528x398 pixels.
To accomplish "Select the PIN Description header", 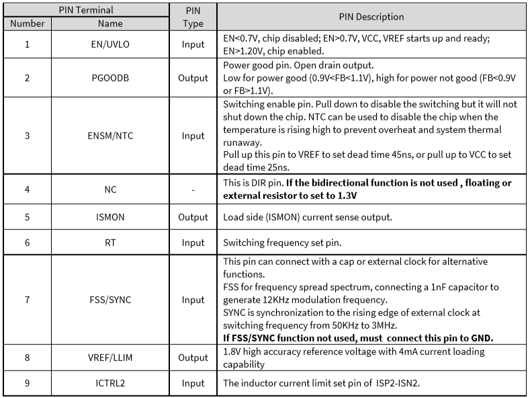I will pos(371,17).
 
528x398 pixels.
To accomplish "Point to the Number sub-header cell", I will pos(28,24).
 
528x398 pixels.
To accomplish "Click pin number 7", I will pos(28,299).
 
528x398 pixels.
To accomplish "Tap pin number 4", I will pos(28,190).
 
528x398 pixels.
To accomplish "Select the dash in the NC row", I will pos(193,190).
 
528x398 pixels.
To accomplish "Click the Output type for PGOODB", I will pos(193,78).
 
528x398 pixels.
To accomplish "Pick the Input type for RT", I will pos(193,242).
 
